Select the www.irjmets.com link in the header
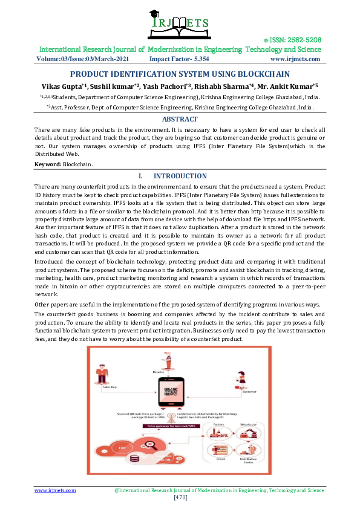(x=295, y=59)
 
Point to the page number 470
(x=180, y=498)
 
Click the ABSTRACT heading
(x=180, y=119)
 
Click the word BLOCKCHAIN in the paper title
(x=248, y=73)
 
